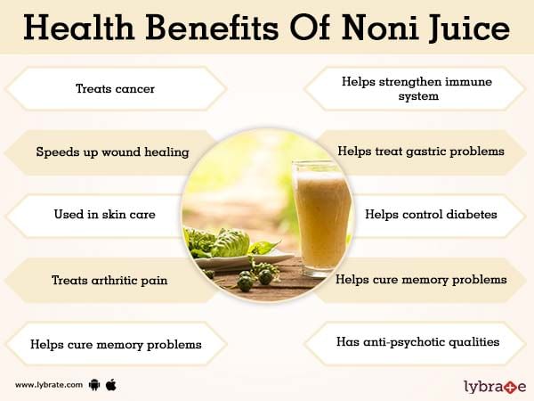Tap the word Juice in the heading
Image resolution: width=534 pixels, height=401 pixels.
pos(469,29)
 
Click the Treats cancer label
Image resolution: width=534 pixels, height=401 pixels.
pos(115,88)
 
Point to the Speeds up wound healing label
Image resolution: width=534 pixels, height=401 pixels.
pos(112,152)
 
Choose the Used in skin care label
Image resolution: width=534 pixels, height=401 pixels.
pos(104,214)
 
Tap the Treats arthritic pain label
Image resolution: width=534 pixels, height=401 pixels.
pos(109,281)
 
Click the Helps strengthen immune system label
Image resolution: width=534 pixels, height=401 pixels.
pos(417,88)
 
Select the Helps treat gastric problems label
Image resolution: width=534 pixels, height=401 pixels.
pos(421,151)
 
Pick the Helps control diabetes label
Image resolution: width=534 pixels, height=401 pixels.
pos(431,214)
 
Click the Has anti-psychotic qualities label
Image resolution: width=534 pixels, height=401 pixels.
pos(418,342)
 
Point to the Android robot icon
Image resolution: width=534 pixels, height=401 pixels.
pos(94,385)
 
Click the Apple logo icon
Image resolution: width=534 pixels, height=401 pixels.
pos(111,385)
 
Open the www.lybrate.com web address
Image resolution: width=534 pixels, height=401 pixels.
pos(49,385)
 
